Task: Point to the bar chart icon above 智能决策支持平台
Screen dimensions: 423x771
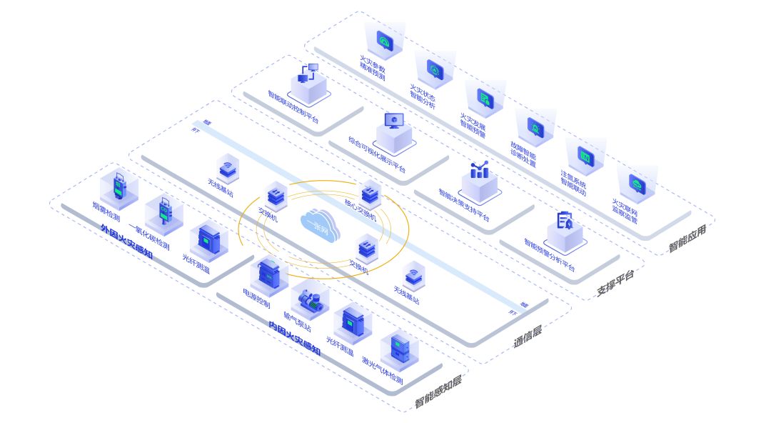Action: pos(479,170)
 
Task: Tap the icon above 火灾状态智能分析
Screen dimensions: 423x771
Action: pos(435,69)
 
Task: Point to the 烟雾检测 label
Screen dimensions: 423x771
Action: pos(106,211)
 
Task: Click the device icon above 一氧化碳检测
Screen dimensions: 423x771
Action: pos(165,212)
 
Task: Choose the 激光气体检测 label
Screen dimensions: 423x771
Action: pos(382,370)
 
